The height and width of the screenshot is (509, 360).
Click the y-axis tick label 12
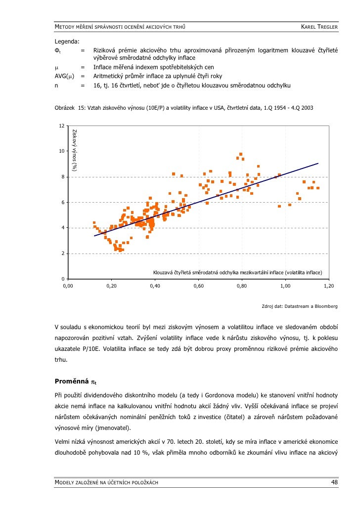60,126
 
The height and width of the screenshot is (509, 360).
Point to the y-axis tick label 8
61,177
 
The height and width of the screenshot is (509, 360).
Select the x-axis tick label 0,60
198,286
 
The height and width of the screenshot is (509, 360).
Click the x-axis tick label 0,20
111,286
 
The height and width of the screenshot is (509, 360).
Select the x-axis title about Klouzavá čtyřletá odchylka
237,272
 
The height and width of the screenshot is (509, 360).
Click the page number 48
334,482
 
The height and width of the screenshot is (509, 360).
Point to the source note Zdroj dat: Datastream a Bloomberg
300,306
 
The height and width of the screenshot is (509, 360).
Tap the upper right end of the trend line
318,164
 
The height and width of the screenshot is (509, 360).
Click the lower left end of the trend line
94,236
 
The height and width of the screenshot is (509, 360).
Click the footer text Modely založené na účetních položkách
106,482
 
